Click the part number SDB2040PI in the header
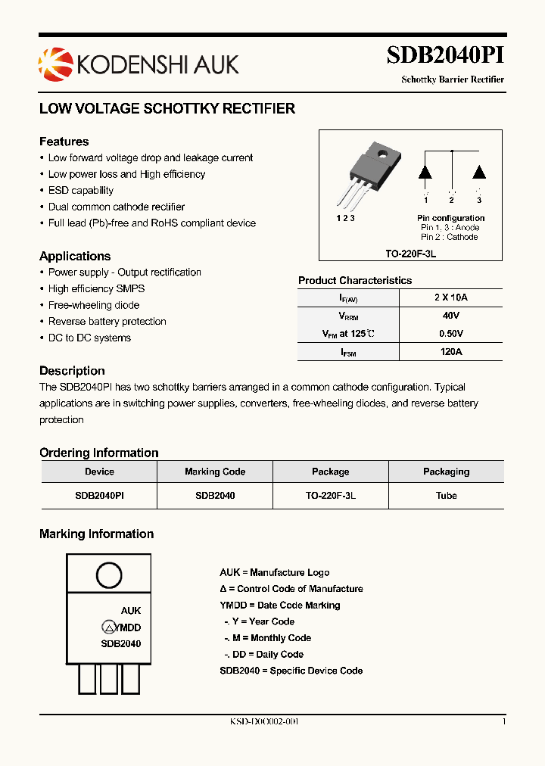pos(445,56)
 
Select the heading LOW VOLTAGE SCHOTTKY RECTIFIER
pos(167,108)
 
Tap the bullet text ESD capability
pos(80,191)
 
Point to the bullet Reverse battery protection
pos(107,322)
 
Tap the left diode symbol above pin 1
pos(425,171)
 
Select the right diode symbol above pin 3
pos(478,171)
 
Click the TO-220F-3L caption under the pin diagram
pos(410,254)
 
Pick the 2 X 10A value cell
pos(451,297)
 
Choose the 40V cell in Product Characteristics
pos(451,316)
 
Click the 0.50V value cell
pos(451,334)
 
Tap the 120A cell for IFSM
pos(451,352)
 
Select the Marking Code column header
pos(215,472)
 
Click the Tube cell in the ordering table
pos(446,496)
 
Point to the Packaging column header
pos(446,472)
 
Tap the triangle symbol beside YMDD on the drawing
pos(109,627)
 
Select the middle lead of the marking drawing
pos(110,678)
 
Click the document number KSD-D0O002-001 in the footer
pos(264,722)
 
